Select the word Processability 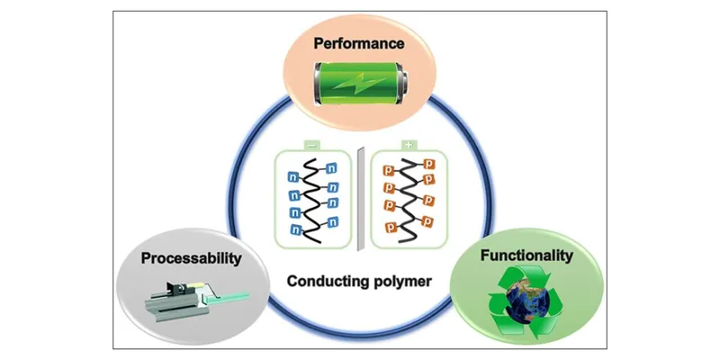tap(193, 258)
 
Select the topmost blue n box tap(332, 166)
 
